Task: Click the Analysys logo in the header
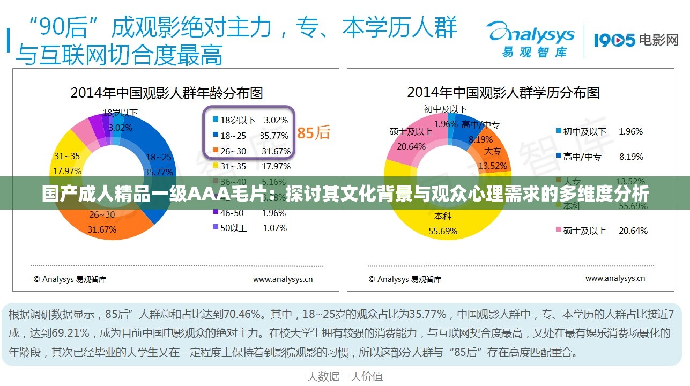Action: [x=530, y=38]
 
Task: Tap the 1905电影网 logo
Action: [x=636, y=40]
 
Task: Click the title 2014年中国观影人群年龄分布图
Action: [x=167, y=93]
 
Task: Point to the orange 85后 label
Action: [x=314, y=132]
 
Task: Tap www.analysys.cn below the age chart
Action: [x=283, y=279]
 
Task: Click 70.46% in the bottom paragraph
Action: [x=242, y=314]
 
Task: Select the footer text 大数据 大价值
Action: [x=345, y=376]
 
